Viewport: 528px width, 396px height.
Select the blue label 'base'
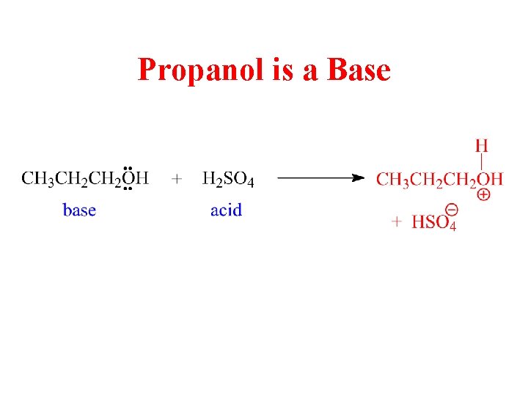click(x=79, y=210)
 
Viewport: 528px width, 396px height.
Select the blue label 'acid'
click(x=226, y=210)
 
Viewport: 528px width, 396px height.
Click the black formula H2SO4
click(x=228, y=179)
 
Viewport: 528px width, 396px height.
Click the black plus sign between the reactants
click(x=177, y=178)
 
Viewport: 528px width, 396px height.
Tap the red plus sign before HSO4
click(x=396, y=221)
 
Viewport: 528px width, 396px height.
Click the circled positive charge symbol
click(x=484, y=195)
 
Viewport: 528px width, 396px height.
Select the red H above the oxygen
click(x=481, y=145)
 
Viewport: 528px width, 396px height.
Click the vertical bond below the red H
click(x=481, y=161)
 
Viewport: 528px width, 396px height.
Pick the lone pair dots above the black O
click(x=128, y=167)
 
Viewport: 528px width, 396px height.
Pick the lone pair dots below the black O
click(x=128, y=189)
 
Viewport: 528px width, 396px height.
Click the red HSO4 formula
click(x=433, y=221)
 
